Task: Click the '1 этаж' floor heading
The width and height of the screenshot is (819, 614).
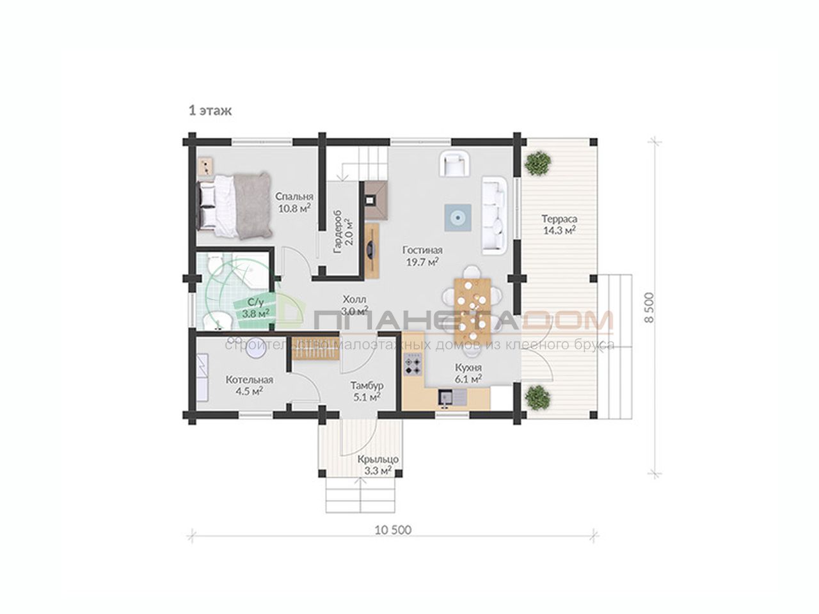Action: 210,111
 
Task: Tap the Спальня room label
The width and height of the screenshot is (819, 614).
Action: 294,196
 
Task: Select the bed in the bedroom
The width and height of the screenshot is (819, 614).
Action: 234,205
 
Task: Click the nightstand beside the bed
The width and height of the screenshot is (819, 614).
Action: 205,166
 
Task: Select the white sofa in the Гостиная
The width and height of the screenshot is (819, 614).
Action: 495,216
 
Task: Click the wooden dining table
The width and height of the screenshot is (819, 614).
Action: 472,308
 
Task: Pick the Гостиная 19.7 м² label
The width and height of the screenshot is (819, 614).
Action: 422,256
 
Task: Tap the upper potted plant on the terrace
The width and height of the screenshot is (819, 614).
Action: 537,163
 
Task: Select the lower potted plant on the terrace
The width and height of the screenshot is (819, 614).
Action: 537,397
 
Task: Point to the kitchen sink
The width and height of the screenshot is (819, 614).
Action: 452,398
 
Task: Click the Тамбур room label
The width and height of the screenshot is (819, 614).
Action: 367,386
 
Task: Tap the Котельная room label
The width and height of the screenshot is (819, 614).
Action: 250,380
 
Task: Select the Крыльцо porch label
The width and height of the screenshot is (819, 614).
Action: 378,459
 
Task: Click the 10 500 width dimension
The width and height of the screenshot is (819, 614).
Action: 393,530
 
